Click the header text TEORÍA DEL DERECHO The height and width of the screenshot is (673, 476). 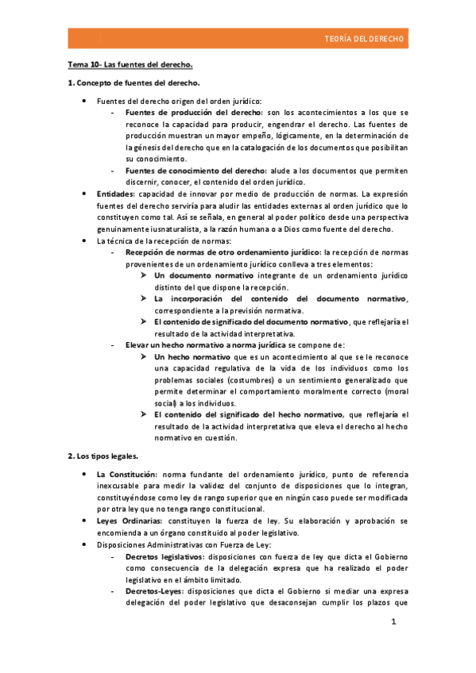[x=364, y=38]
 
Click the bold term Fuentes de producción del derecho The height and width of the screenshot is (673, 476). [x=193, y=113]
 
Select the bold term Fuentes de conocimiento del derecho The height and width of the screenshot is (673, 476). [x=197, y=171]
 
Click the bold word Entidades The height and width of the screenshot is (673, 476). [x=115, y=194]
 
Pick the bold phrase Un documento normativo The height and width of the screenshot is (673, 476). [x=200, y=275]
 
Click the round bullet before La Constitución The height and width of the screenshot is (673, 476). [x=85, y=474]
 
